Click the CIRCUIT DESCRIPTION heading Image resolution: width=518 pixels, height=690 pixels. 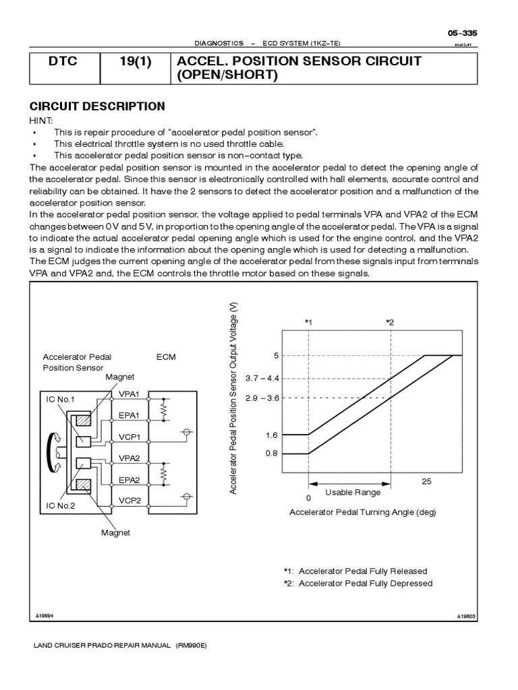pyautogui.click(x=97, y=106)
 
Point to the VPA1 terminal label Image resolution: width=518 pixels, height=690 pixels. pyautogui.click(x=129, y=394)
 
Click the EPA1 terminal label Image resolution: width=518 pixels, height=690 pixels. pyautogui.click(x=129, y=416)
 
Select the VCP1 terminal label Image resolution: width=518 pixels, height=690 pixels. pyautogui.click(x=129, y=437)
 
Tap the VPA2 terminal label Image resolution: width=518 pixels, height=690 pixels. pyautogui.click(x=129, y=458)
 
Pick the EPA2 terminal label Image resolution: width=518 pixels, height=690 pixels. pyautogui.click(x=129, y=480)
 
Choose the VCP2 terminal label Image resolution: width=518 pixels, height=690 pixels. pyautogui.click(x=129, y=501)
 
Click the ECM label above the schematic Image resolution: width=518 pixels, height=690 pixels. pyautogui.click(x=166, y=357)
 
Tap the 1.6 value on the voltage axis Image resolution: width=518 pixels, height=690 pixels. pyautogui.click(x=271, y=435)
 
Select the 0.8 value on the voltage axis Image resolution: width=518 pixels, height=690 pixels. pyautogui.click(x=271, y=453)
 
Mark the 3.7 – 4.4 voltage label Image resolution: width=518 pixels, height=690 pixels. pyautogui.click(x=263, y=377)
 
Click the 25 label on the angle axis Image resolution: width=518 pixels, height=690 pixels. pyautogui.click(x=426, y=481)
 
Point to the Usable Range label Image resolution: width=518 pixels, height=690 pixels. pyautogui.click(x=353, y=493)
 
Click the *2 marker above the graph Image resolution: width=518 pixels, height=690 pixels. pyautogui.click(x=390, y=323)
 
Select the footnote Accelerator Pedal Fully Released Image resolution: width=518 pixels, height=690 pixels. pyautogui.click(x=357, y=570)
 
